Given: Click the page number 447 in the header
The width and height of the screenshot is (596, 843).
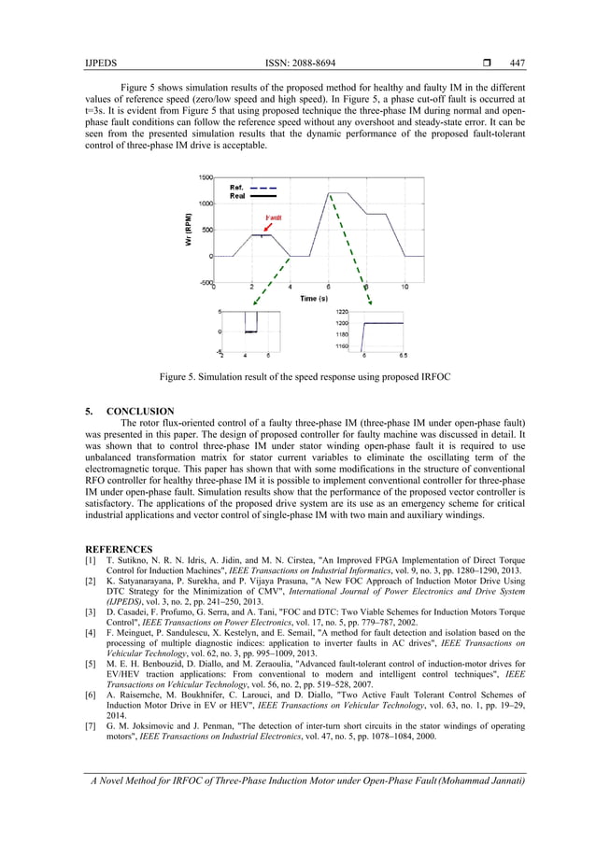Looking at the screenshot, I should point(517,63).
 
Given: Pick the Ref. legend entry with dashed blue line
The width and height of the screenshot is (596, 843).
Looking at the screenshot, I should point(237,187).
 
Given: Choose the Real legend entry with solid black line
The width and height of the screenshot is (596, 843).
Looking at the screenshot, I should point(237,196).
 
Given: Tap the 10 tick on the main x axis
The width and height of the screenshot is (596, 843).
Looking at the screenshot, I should point(404,287).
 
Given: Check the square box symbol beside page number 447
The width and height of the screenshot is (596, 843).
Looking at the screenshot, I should point(490,63).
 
